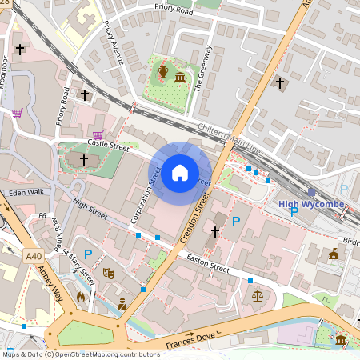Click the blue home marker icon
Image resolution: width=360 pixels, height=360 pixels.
[180, 172]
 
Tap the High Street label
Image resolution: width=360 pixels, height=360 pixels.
[90, 211]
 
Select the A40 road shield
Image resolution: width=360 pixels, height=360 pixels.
[33, 256]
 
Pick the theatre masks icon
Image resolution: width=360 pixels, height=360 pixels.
[109, 274]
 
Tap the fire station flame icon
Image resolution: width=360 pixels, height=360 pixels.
[81, 296]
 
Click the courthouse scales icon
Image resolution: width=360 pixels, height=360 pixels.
[257, 295]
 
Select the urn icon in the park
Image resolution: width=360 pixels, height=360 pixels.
[163, 74]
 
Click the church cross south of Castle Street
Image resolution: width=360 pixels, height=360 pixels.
[84, 160]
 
